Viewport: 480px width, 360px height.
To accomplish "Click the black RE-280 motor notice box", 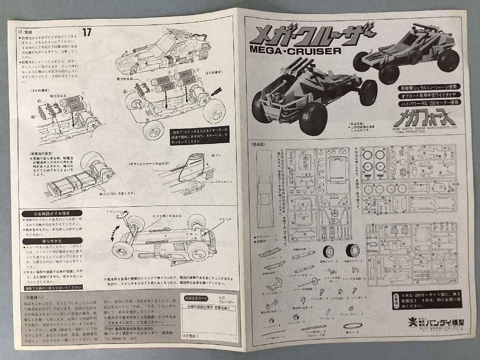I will [426, 300].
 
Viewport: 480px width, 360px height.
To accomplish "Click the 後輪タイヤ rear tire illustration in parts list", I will [352, 251].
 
